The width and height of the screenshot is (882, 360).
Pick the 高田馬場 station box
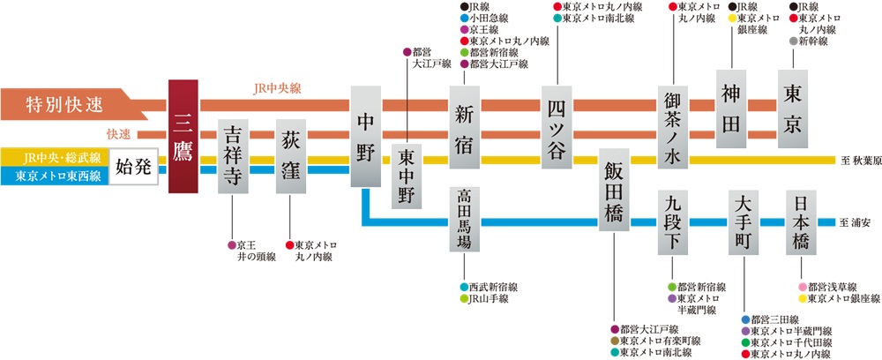465,221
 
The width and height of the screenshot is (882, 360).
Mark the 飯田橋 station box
614,191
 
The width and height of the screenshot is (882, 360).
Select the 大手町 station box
746,221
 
